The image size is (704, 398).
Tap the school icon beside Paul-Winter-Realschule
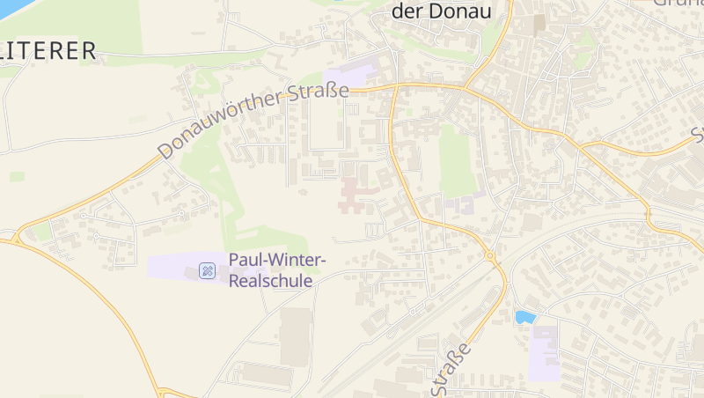[208, 270]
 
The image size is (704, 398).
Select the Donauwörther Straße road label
[248, 122]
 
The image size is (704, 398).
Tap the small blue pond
[525, 317]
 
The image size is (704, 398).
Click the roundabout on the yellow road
[489, 257]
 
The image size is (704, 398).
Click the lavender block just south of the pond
[544, 352]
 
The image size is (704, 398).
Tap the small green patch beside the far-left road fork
[40, 232]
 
